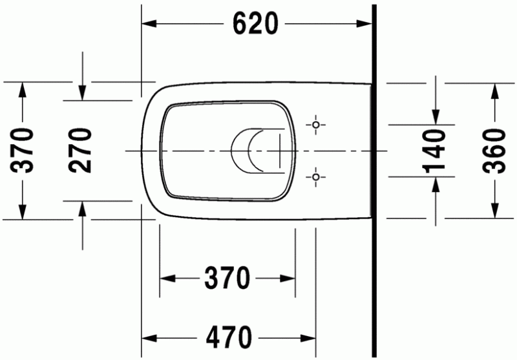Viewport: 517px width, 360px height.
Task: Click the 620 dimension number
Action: point(256,24)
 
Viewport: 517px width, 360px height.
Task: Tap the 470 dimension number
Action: point(229,337)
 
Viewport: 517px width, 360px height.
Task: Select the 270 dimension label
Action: point(81,150)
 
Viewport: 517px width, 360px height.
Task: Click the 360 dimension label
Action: point(494,151)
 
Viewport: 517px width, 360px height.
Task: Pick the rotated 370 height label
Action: point(23,151)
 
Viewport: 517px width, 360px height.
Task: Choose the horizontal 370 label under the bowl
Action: point(227,279)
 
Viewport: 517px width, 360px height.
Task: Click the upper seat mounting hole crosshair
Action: point(315,124)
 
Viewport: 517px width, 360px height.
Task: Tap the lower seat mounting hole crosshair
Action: point(315,175)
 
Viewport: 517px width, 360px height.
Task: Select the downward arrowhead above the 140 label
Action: point(436,116)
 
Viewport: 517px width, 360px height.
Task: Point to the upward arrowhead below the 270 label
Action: point(82,208)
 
